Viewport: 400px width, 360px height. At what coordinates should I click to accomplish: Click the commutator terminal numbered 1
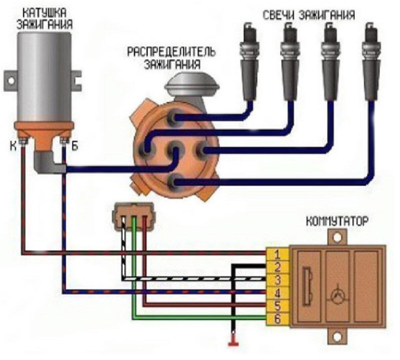[x=277, y=255]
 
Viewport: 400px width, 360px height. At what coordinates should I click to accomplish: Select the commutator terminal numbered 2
[x=277, y=267]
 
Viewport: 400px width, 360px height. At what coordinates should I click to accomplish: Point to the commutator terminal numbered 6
[x=277, y=319]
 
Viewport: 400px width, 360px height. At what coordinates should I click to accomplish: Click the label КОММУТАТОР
[x=337, y=221]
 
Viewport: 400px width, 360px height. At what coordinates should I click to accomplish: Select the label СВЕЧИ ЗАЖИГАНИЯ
[x=308, y=15]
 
